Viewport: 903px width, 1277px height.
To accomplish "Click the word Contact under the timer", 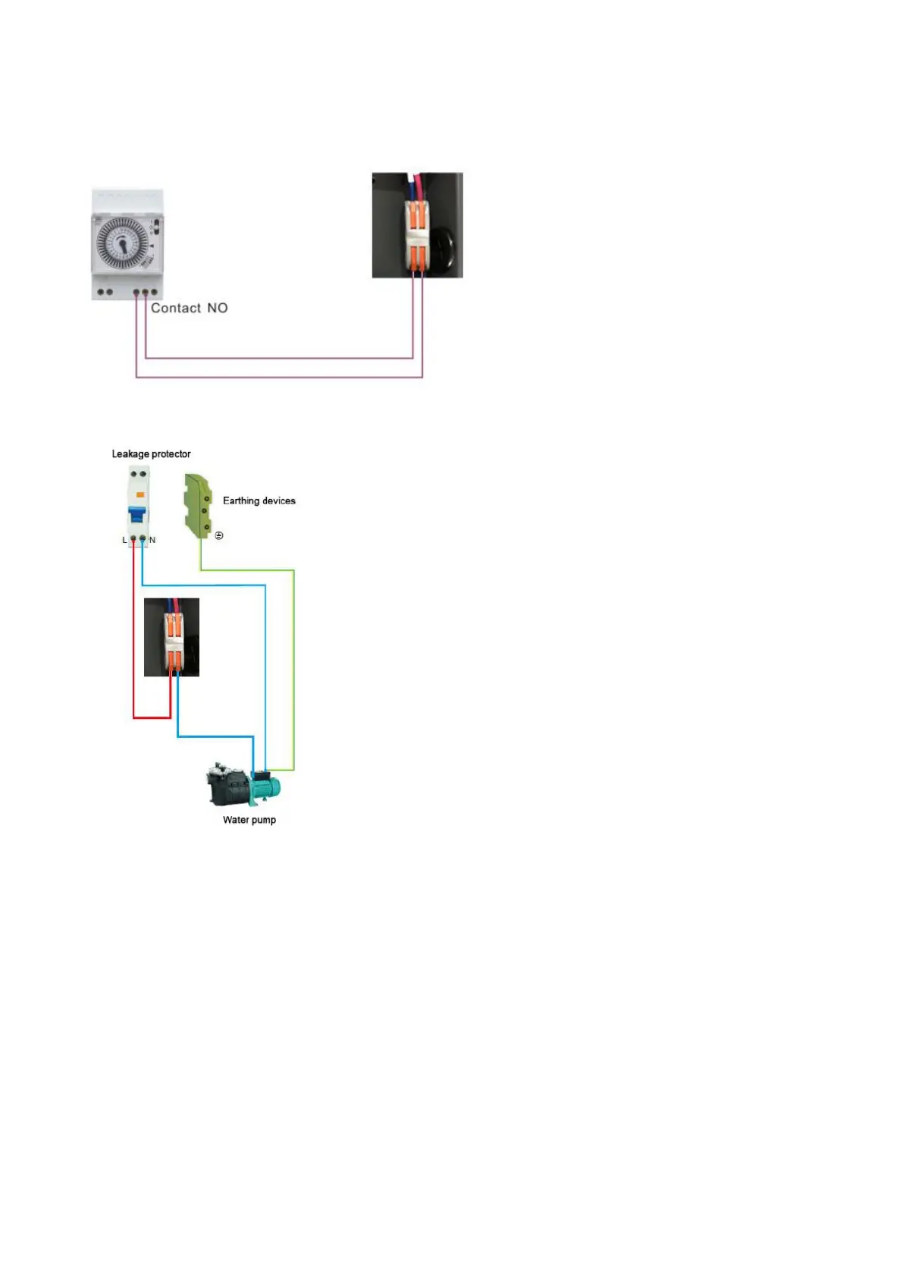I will [x=176, y=308].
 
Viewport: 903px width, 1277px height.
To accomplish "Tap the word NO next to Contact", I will [x=218, y=308].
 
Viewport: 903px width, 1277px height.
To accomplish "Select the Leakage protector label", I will [x=151, y=454].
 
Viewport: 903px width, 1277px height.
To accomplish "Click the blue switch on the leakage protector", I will [x=136, y=515].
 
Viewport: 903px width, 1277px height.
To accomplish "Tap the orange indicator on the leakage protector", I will [x=140, y=494].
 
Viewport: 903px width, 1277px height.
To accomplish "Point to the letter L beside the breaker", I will [x=125, y=540].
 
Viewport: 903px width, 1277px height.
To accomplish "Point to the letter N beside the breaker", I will [x=152, y=540].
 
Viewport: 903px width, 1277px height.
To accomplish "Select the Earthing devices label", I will [x=259, y=500].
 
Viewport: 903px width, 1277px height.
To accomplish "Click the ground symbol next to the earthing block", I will [x=219, y=535].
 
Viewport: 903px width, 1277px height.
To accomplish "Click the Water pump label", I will [x=249, y=820].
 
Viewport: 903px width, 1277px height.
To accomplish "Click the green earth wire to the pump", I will [x=293, y=667].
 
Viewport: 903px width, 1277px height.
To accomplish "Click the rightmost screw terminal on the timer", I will [x=154, y=292].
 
